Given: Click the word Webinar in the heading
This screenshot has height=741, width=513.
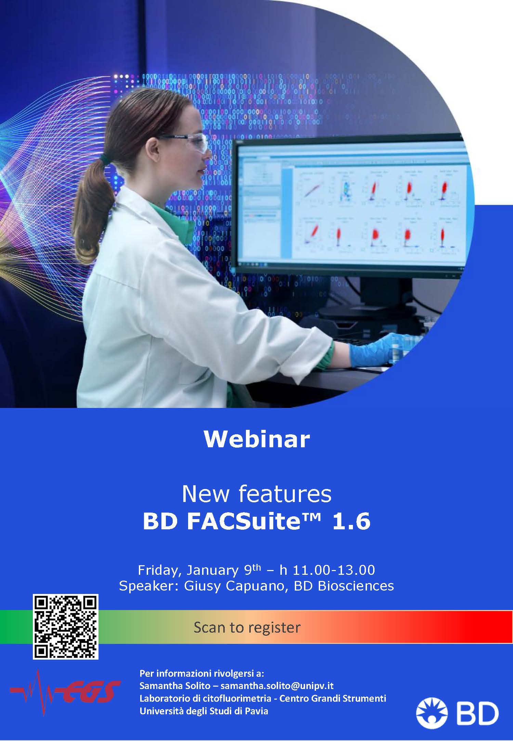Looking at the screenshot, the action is point(257,439).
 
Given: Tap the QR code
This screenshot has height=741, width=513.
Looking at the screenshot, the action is point(66,627).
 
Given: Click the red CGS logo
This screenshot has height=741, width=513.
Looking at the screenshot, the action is point(65,692).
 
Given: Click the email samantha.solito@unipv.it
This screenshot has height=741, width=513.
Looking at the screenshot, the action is point(277,686).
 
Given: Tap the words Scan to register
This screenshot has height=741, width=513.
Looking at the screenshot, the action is point(247,627).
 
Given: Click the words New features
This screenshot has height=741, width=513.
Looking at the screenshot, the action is point(256,494).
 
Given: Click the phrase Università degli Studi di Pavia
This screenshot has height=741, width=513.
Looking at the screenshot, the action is point(204,711).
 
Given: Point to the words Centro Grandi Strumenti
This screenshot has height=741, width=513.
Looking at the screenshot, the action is point(333,698).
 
